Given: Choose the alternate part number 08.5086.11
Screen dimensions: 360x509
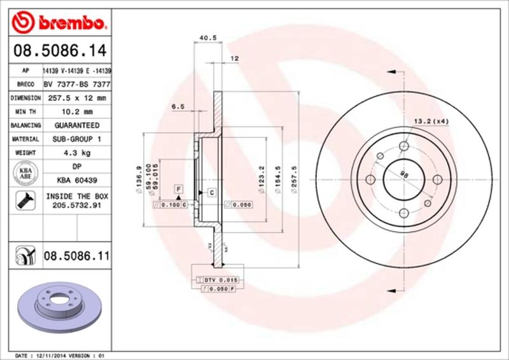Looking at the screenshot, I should tap(75, 257).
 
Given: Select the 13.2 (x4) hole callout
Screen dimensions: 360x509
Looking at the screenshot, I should tap(431, 121).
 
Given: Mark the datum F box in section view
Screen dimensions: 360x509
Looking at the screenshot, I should tap(179, 190).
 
